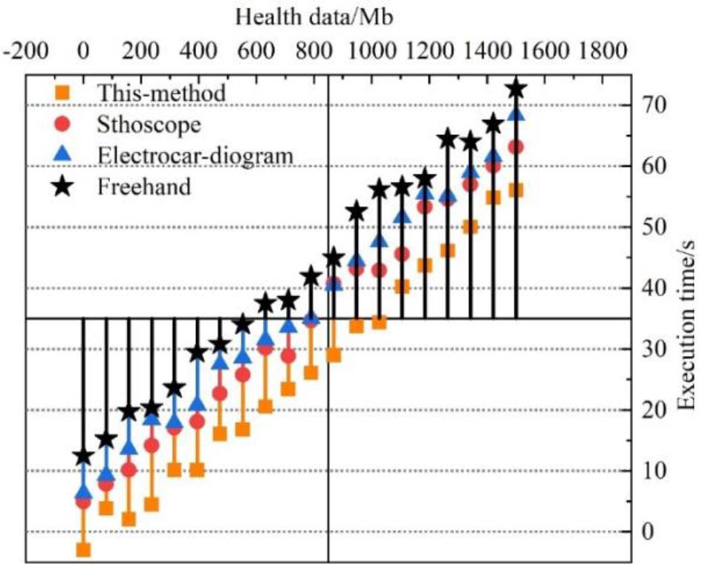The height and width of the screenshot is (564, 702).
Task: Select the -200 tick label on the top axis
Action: [x=27, y=52]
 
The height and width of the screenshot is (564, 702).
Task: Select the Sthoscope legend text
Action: [x=149, y=124]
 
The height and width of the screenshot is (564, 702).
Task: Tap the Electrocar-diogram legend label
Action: [x=195, y=155]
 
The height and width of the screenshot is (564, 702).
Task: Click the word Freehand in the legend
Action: [x=144, y=186]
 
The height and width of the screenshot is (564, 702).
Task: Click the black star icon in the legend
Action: [x=64, y=186]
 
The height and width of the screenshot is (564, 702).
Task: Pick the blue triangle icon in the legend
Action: [x=64, y=154]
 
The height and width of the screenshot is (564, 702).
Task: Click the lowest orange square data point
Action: [x=83, y=550]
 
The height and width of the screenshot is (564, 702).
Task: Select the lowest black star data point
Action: [x=83, y=456]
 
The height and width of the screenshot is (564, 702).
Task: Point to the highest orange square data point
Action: [x=516, y=191]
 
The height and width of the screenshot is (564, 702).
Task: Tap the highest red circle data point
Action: [x=516, y=147]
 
